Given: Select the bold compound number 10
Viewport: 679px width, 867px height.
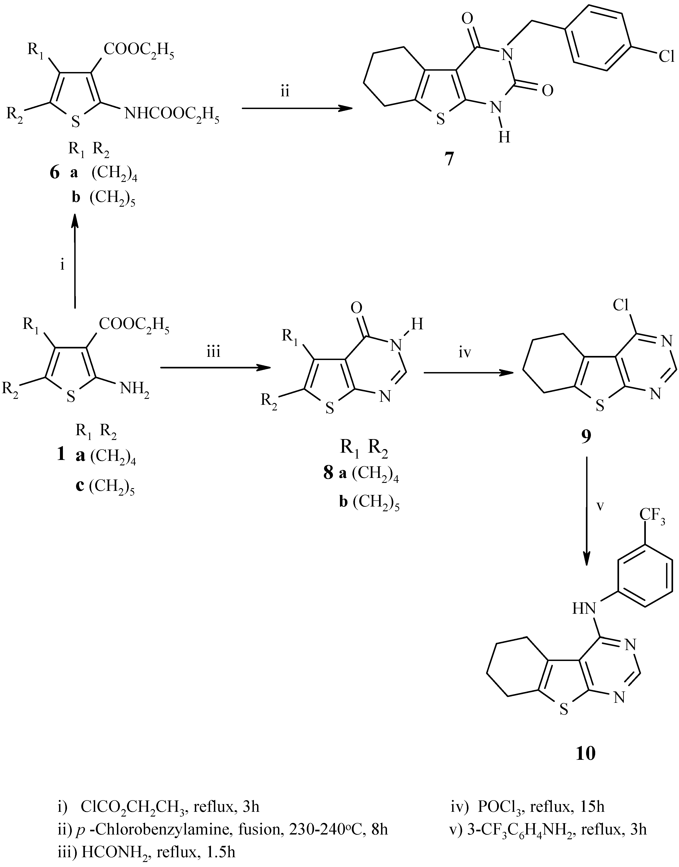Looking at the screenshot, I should [586, 753].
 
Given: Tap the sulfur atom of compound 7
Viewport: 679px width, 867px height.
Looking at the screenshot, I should [440, 119].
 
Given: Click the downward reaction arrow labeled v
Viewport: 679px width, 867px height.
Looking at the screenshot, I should [587, 513].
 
